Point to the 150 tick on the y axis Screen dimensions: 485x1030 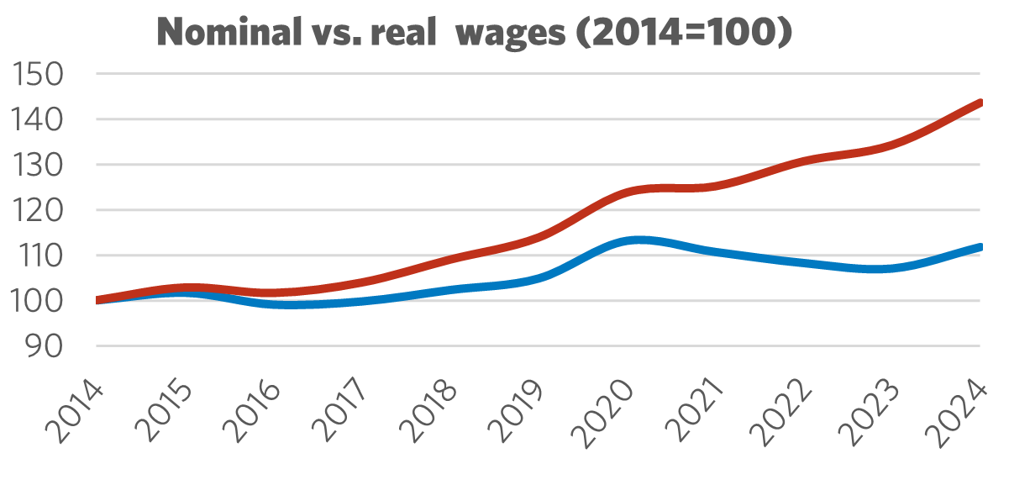click(40, 75)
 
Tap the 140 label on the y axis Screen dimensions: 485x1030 click(40, 120)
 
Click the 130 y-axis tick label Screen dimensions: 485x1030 click(40, 166)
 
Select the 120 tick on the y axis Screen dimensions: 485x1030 click(40, 210)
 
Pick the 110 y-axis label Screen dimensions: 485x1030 click(40, 256)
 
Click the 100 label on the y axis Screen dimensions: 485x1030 click(40, 301)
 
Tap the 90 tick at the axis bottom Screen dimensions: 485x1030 click(49, 346)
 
